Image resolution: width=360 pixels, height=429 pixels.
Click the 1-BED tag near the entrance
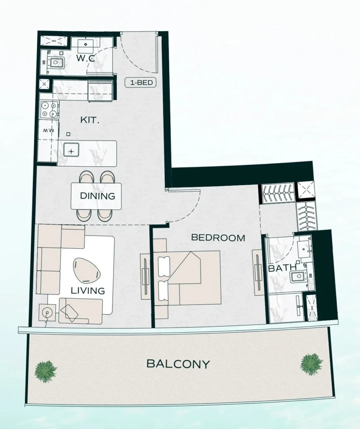point(140,83)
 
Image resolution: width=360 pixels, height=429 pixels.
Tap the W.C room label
point(85,59)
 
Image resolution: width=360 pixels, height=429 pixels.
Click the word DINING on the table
point(97,196)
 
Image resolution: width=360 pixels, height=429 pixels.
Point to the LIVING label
point(88,290)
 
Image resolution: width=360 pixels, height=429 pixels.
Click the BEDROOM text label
point(218,238)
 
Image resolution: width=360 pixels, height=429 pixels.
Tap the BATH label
point(282,268)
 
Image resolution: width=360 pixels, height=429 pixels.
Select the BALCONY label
point(178,364)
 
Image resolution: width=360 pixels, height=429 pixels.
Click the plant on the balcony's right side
point(311,364)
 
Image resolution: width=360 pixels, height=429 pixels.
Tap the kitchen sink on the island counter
point(72,150)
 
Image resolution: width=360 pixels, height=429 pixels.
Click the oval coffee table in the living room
point(87,270)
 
